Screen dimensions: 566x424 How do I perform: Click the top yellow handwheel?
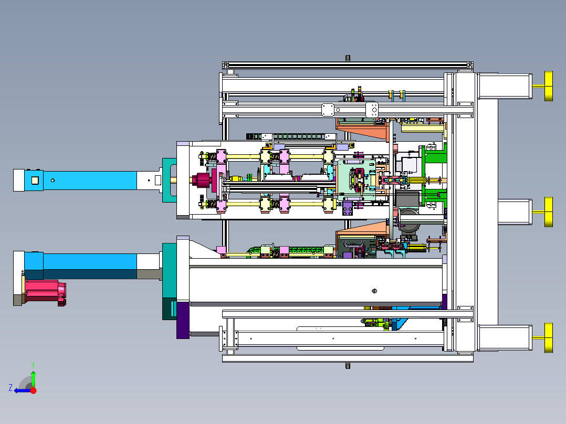[x=548, y=86]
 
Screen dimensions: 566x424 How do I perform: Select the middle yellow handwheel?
[x=548, y=212]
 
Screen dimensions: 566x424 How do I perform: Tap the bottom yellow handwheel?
[x=548, y=338]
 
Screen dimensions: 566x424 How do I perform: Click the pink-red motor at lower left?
[x=45, y=292]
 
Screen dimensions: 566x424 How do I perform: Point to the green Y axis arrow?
[x=33, y=377]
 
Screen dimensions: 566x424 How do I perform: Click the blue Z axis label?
[x=11, y=388]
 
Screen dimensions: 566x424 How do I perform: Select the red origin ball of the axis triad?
[x=33, y=390]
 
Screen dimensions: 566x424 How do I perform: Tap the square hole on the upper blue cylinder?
[x=35, y=180]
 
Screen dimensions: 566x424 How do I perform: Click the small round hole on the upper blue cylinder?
[x=53, y=181]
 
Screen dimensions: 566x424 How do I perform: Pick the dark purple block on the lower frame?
[x=183, y=320]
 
